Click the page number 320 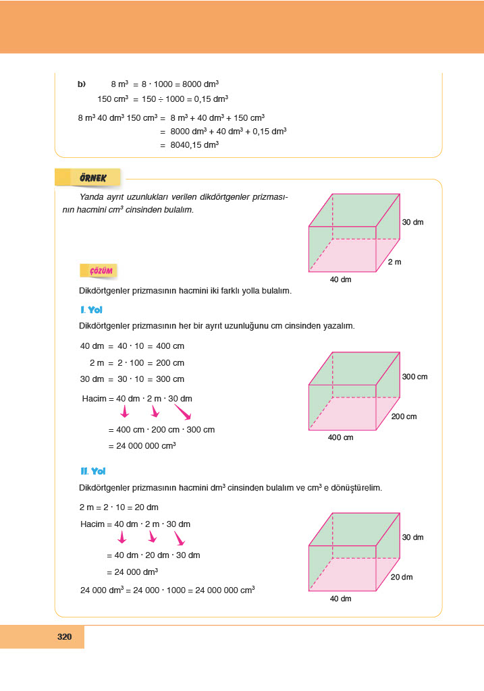pyautogui.click(x=65, y=636)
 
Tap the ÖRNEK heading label pyautogui.click(x=90, y=178)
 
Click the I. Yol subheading pyautogui.click(x=90, y=310)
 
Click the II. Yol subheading pyautogui.click(x=92, y=472)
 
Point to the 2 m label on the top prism pyautogui.click(x=394, y=262)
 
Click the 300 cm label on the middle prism pyautogui.click(x=415, y=377)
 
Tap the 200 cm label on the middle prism pyautogui.click(x=404, y=417)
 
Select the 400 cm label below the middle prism pyautogui.click(x=341, y=438)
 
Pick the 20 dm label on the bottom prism pyautogui.click(x=402, y=577)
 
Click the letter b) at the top pyautogui.click(x=82, y=84)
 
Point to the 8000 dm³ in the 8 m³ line pyautogui.click(x=200, y=84)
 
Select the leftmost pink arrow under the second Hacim pyautogui.click(x=122, y=537)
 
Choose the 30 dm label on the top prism pyautogui.click(x=412, y=222)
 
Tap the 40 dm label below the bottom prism pyautogui.click(x=341, y=599)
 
